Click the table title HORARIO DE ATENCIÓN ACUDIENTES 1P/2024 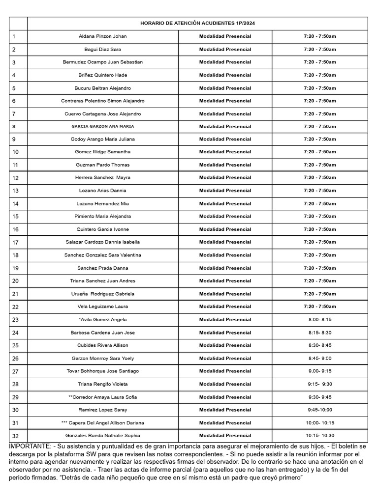(197, 23)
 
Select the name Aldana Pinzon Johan (102, 36)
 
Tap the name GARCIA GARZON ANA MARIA (102, 126)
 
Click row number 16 (15, 229)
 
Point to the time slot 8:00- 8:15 (319, 320)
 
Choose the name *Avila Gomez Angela (102, 320)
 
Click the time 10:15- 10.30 (319, 436)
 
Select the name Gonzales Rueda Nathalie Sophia (102, 436)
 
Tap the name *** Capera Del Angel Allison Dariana (102, 423)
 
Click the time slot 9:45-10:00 (319, 410)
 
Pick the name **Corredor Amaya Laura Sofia (102, 397)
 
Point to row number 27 (15, 371)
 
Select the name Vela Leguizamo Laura (102, 307)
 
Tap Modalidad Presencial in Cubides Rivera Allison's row (225, 345)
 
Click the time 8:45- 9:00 (319, 358)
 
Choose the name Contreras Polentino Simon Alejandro (102, 101)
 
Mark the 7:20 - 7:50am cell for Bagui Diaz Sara (319, 49)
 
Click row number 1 (14, 36)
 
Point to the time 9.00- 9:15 (319, 371)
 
